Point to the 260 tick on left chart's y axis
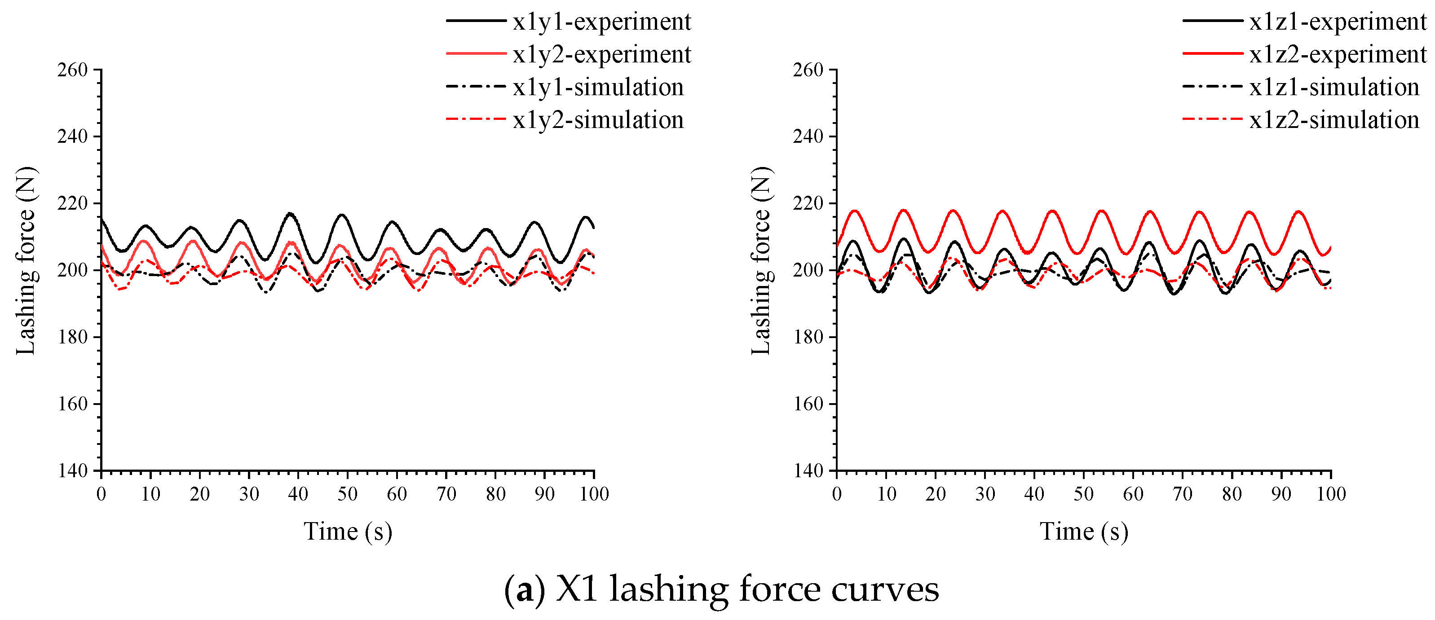coord(73,70)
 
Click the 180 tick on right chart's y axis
coord(808,337)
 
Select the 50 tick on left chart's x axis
coord(348,494)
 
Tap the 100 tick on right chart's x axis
coord(1331,494)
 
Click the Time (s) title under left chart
coord(348,532)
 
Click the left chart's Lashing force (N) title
coord(26,260)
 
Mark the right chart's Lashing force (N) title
coord(761,260)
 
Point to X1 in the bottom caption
coord(577,589)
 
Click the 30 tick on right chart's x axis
coord(985,494)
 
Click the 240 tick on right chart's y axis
coord(808,136)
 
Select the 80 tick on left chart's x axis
coord(495,494)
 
